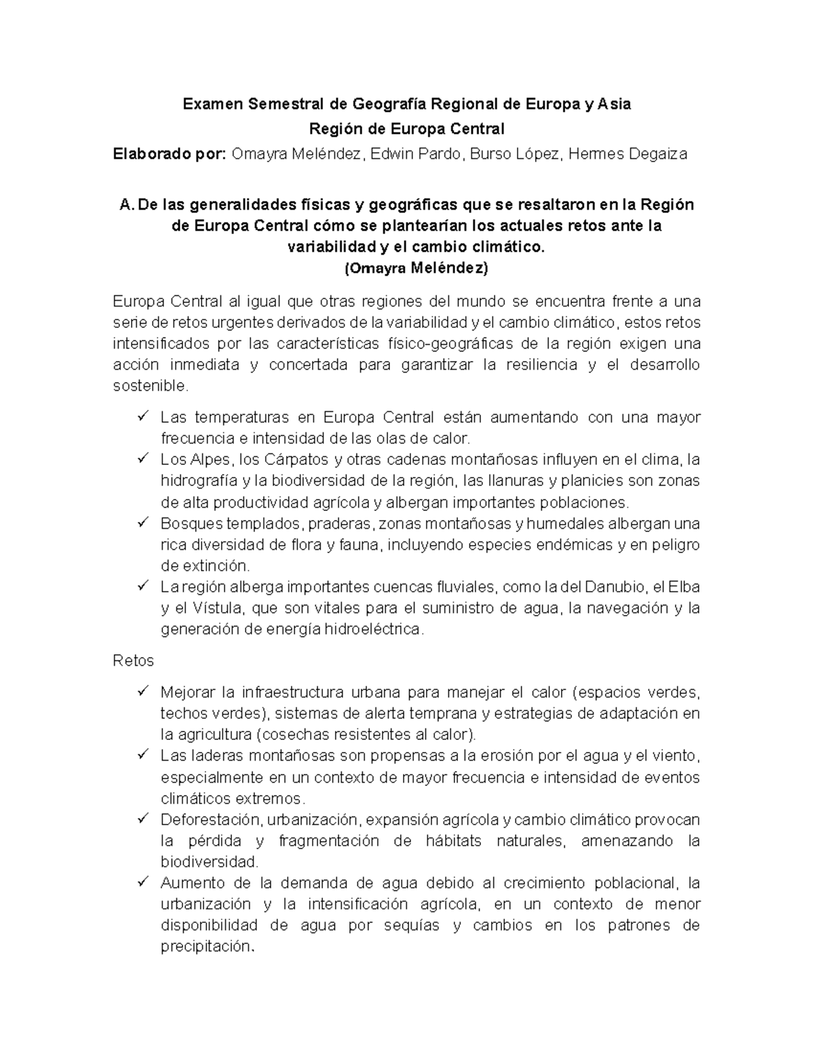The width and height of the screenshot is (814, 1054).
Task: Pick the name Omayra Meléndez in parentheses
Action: [416, 268]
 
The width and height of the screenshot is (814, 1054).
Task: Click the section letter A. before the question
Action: [125, 205]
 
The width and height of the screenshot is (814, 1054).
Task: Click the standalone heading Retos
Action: [133, 661]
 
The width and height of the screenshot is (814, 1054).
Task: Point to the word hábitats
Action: [453, 841]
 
